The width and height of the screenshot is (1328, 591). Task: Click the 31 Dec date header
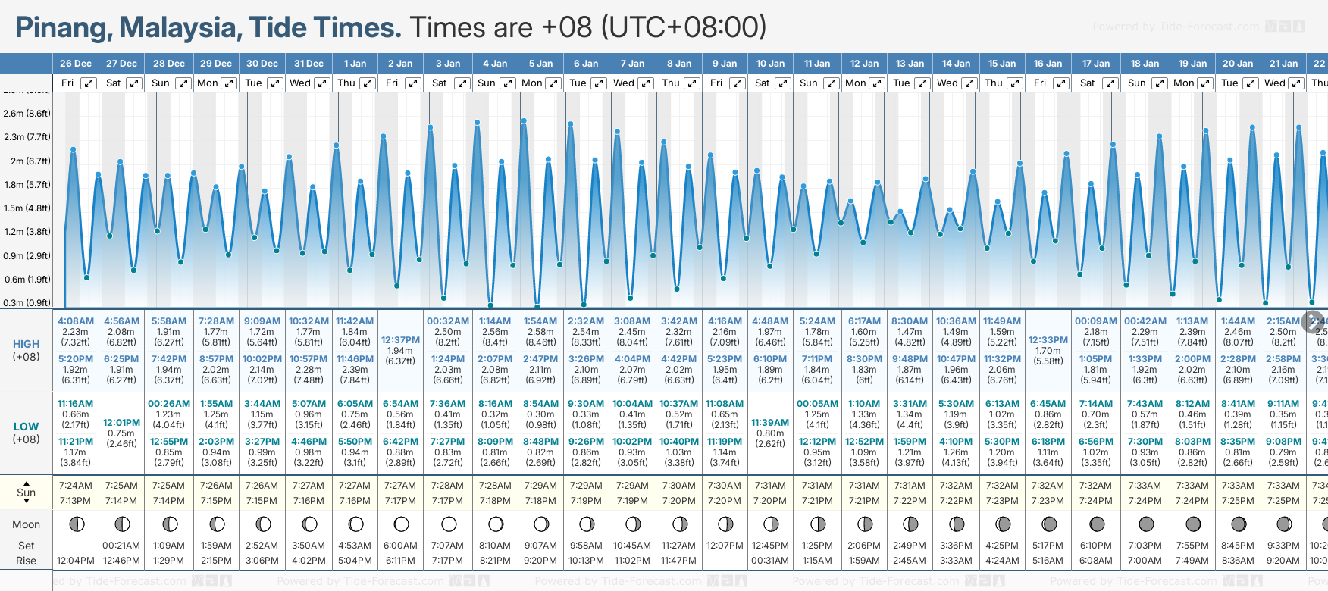(309, 64)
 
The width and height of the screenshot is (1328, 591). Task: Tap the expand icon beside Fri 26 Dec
(89, 83)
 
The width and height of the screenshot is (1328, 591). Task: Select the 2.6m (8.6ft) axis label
(27, 114)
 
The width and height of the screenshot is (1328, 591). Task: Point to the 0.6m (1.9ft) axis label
(27, 279)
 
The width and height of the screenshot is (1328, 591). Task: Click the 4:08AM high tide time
(76, 321)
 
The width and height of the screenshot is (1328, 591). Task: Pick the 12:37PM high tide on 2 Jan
(400, 340)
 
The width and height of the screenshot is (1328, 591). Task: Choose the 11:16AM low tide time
(76, 404)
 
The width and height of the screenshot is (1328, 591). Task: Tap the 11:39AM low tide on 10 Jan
(770, 423)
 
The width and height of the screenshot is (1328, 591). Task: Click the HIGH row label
(27, 344)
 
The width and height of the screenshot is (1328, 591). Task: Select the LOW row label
(27, 427)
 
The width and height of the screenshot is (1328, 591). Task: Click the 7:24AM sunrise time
(76, 486)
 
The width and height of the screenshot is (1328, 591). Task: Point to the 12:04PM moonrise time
(76, 561)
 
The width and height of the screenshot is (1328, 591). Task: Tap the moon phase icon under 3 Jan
(449, 524)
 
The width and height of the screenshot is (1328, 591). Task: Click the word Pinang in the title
(63, 28)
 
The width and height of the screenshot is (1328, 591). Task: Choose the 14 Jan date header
(957, 64)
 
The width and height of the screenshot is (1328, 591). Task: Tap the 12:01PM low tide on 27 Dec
(121, 423)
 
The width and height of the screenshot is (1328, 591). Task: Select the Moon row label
(27, 524)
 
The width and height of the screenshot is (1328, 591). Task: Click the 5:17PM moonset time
(1048, 546)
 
